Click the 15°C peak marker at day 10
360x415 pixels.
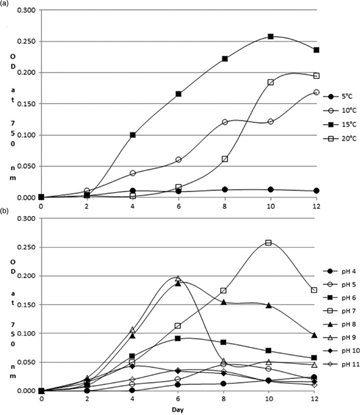[270, 37]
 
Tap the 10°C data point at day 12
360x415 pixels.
[317, 92]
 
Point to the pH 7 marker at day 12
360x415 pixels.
[316, 290]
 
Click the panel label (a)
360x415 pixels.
[7, 5]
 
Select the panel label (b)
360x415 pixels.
[7, 211]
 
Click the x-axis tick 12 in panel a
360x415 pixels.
[316, 206]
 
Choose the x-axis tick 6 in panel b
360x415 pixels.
[178, 398]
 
